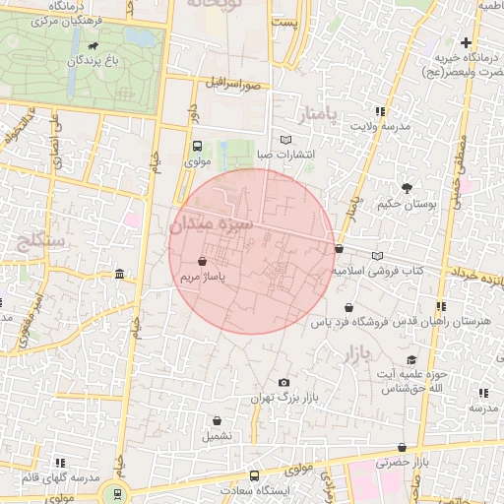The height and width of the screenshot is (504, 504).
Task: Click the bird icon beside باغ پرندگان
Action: tap(92, 45)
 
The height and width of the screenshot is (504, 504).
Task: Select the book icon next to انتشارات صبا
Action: tap(286, 140)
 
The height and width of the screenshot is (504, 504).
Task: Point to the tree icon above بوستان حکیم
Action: tap(406, 187)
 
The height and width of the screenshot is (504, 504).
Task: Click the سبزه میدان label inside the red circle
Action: tap(212, 224)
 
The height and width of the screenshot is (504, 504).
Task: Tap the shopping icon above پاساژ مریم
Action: tap(202, 263)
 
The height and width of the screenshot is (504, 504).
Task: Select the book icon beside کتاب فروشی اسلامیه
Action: tap(378, 256)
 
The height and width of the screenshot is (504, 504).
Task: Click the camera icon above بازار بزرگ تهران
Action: tap(284, 382)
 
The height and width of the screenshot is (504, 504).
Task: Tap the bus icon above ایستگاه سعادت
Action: tap(255, 475)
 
